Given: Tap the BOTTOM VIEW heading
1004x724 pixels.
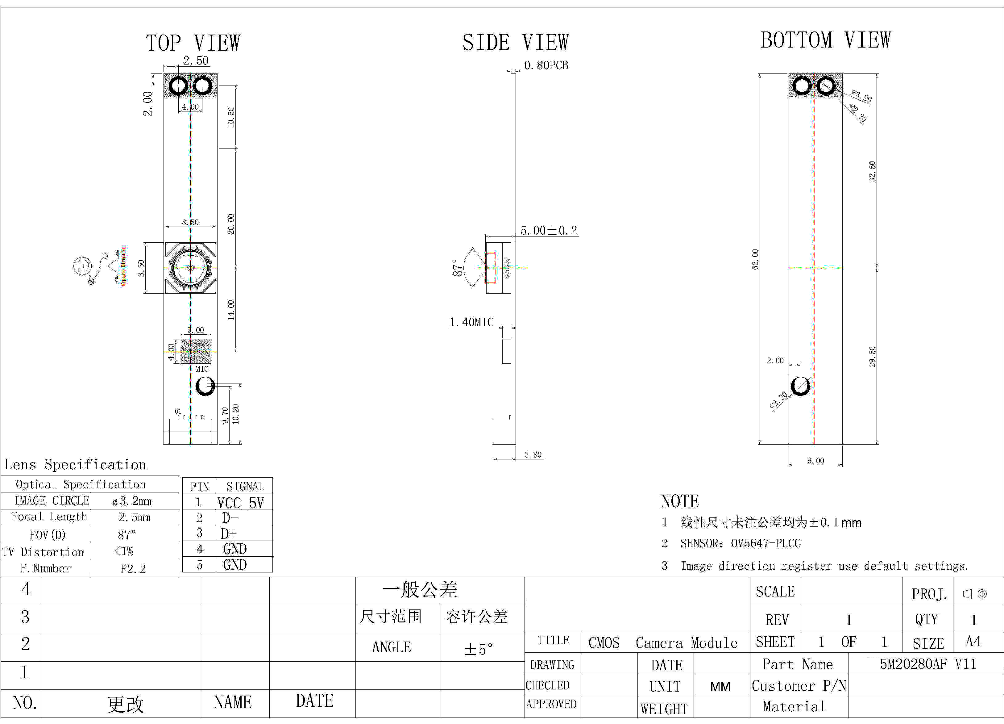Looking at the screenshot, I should pyautogui.click(x=825, y=40).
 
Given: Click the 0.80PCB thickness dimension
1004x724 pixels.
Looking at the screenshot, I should pyautogui.click(x=546, y=65).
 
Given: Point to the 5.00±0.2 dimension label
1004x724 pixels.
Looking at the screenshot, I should pyautogui.click(x=549, y=230).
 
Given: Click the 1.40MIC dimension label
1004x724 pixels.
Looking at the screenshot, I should pyautogui.click(x=471, y=322).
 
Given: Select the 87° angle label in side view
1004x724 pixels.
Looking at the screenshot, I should pyautogui.click(x=457, y=268).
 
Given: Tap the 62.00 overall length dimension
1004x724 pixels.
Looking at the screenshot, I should pyautogui.click(x=755, y=259).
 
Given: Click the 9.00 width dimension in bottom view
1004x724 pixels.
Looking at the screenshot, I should pyautogui.click(x=815, y=460).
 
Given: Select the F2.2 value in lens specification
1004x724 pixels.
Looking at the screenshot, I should pyautogui.click(x=133, y=568).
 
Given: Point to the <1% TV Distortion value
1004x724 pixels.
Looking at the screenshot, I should pyautogui.click(x=124, y=552).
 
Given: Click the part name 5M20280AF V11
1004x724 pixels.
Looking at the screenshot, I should pyautogui.click(x=928, y=664).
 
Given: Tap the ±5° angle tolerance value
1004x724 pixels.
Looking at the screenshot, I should pyautogui.click(x=478, y=649).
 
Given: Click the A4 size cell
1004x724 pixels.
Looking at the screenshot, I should pyautogui.click(x=973, y=641).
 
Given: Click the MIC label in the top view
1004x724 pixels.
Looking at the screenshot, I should pyautogui.click(x=202, y=369).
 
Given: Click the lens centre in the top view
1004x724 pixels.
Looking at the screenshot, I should pyautogui.click(x=190, y=268).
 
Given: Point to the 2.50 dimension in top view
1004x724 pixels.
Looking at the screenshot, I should pyautogui.click(x=196, y=61).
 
